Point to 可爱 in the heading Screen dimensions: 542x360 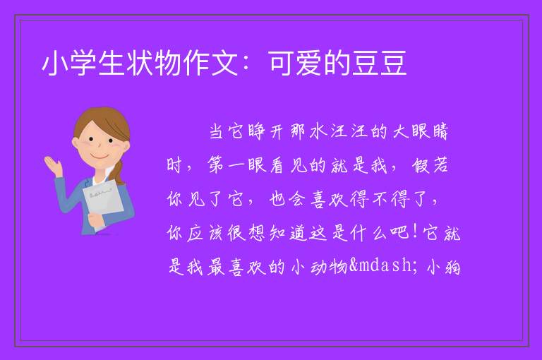(x=296, y=64)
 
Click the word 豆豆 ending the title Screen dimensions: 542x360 (x=379, y=64)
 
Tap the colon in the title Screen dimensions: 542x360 (x=247, y=64)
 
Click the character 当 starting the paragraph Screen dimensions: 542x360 (x=217, y=132)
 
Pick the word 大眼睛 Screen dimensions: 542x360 (x=421, y=132)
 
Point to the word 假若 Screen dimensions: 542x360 (x=430, y=165)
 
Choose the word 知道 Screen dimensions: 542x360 (x=288, y=233)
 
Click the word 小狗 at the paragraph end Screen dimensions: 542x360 (x=444, y=267)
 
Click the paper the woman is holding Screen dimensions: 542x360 (x=103, y=203)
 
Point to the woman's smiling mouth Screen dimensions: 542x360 (x=100, y=156)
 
